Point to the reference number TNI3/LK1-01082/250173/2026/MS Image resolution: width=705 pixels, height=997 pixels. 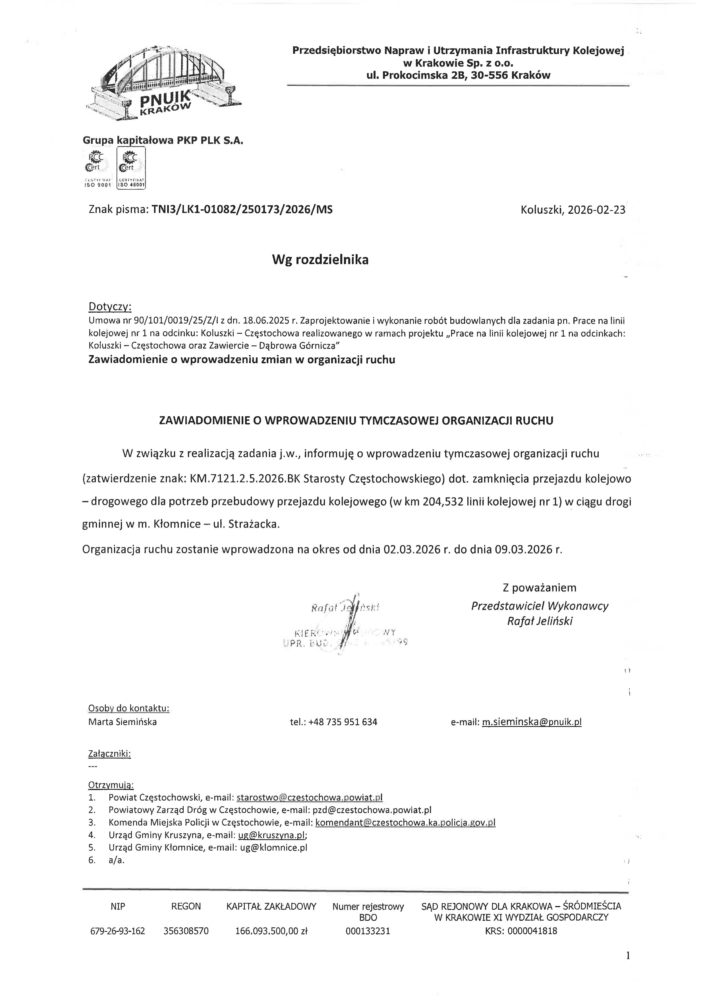(242, 210)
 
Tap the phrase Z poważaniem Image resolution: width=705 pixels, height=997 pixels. (539, 588)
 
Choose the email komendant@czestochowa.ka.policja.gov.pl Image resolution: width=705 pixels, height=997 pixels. (405, 822)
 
